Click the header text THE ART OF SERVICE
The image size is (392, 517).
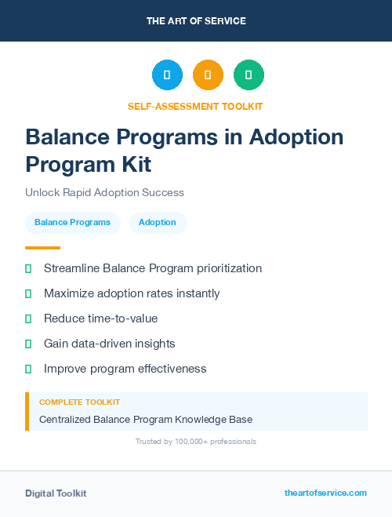(196, 21)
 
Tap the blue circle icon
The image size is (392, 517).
(167, 75)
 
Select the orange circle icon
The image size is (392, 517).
(208, 75)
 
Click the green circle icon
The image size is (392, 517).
(249, 75)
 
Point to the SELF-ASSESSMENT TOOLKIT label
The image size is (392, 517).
(195, 106)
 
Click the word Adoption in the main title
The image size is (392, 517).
(296, 137)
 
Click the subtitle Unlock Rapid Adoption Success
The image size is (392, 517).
(104, 192)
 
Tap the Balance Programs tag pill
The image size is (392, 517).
(72, 223)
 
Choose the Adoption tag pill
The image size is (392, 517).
(158, 223)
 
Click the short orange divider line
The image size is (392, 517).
(43, 248)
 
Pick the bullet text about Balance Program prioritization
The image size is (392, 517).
(152, 268)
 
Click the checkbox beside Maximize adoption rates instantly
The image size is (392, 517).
(28, 293)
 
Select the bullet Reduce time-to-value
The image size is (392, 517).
(100, 319)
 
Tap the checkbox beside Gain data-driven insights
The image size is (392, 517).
(28, 344)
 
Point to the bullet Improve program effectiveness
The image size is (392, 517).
(125, 369)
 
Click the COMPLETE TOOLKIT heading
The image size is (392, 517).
(79, 402)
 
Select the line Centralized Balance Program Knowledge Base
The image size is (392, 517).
(146, 420)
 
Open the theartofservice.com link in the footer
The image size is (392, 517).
(325, 493)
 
